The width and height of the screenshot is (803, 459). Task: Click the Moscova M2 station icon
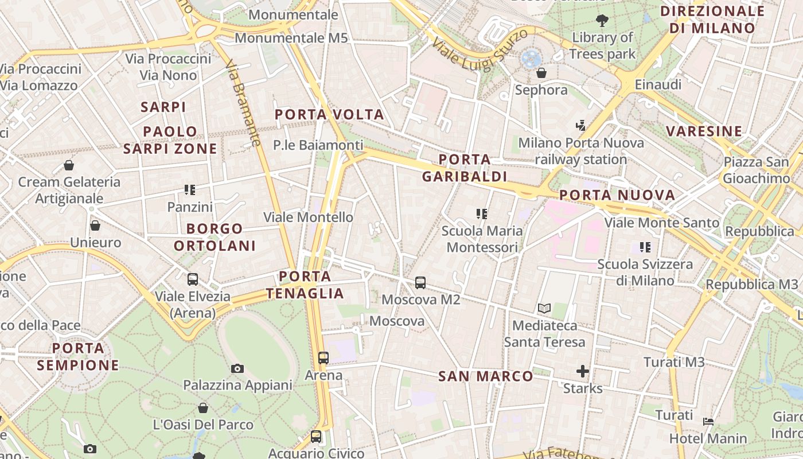(420, 282)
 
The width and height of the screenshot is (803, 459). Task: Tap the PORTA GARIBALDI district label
(465, 168)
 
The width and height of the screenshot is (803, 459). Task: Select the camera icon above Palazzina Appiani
(237, 368)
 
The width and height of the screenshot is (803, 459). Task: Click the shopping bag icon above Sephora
(541, 73)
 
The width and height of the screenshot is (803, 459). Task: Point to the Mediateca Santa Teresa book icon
(544, 309)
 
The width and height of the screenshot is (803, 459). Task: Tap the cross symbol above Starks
(583, 371)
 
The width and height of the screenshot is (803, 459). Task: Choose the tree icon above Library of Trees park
(602, 21)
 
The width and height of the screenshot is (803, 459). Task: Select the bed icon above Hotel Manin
(708, 422)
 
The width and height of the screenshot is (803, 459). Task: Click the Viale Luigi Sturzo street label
(480, 50)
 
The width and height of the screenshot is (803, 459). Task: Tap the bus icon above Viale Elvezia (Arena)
(193, 279)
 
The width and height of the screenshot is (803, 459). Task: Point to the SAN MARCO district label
(486, 376)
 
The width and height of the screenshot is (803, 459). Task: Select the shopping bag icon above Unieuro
(95, 225)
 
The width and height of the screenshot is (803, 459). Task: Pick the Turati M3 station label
(674, 362)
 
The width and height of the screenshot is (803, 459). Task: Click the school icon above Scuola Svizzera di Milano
(645, 247)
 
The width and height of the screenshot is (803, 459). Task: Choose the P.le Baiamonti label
(318, 145)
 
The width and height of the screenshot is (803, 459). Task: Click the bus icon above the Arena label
(323, 358)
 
